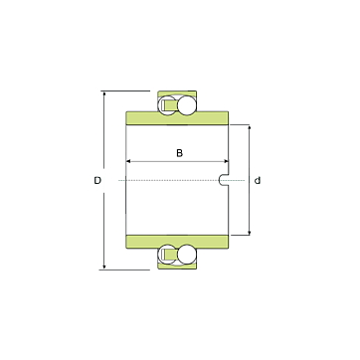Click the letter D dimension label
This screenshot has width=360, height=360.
click(x=97, y=181)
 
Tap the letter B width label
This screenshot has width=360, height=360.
click(x=179, y=153)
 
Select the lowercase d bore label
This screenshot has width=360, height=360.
click(x=258, y=181)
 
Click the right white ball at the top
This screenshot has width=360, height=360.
click(x=187, y=105)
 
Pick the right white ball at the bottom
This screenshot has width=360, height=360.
click(x=187, y=255)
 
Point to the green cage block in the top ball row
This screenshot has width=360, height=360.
click(x=168, y=105)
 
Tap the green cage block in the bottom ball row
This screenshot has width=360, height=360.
click(x=168, y=255)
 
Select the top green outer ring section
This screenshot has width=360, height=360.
click(x=177, y=93)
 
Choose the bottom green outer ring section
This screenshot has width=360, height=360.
click(x=177, y=267)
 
